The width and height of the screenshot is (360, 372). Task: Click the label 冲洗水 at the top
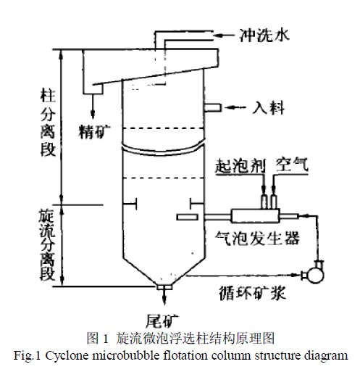click(264, 36)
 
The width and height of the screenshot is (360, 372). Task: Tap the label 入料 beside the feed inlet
click(269, 107)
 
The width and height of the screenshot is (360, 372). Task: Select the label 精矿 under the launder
click(94, 131)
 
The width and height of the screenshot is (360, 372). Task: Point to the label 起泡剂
click(240, 166)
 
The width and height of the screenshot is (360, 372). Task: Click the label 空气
click(292, 165)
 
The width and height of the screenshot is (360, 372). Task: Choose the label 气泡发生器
click(257, 238)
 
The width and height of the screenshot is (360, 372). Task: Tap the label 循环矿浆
click(253, 293)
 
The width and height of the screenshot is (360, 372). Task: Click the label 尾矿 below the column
click(162, 321)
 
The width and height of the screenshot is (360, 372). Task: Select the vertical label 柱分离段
click(48, 123)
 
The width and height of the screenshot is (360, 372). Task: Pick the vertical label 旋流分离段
click(47, 245)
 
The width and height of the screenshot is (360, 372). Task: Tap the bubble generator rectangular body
click(256, 215)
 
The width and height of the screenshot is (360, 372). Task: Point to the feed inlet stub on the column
click(212, 107)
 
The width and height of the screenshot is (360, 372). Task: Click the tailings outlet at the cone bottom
click(164, 287)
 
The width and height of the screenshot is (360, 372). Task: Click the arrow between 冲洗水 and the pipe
click(224, 36)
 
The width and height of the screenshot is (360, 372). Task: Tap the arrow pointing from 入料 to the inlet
click(235, 107)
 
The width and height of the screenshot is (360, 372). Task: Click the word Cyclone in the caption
click(67, 356)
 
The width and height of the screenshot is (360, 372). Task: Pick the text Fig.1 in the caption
click(26, 356)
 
